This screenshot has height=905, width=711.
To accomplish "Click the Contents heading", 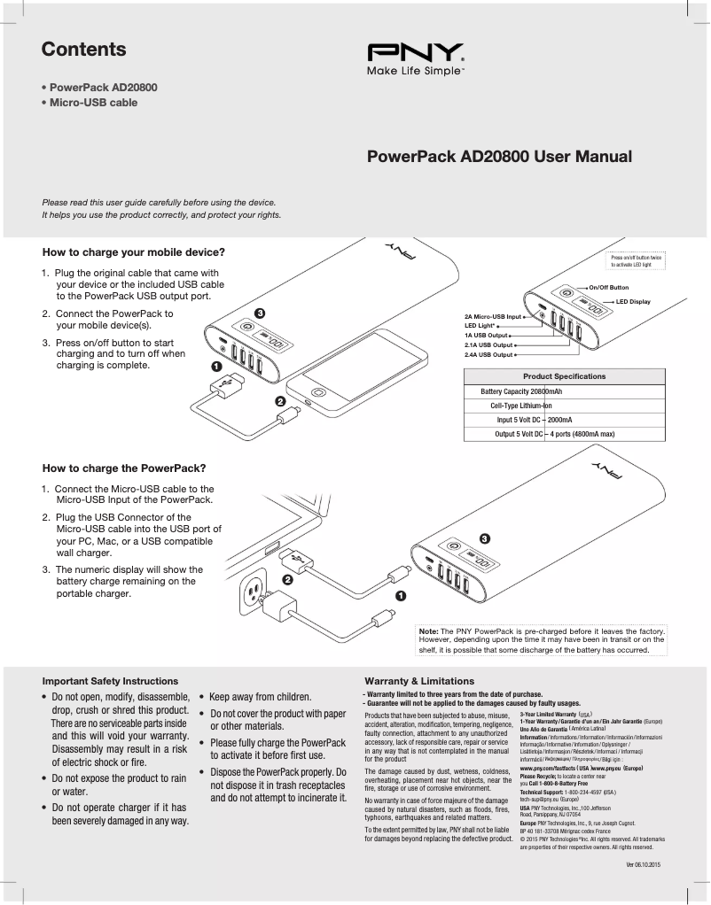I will coord(84,50).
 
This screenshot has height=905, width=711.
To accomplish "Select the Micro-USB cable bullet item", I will coord(93,103).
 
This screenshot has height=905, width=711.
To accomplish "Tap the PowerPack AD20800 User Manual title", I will coord(499,158).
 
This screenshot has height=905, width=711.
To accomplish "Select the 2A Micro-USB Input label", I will coord(493,316).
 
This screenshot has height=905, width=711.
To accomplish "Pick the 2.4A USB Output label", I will coord(488,354).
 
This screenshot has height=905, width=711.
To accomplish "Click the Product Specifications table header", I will coord(564,376).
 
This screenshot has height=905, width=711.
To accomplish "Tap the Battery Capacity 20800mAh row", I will coord(521,391).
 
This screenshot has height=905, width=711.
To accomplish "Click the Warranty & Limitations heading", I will coord(419,681).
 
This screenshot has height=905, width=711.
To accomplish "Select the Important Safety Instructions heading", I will coord(110,681).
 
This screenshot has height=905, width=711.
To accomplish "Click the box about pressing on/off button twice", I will coord(637,260).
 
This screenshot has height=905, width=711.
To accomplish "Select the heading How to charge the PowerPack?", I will coord(124,468).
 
